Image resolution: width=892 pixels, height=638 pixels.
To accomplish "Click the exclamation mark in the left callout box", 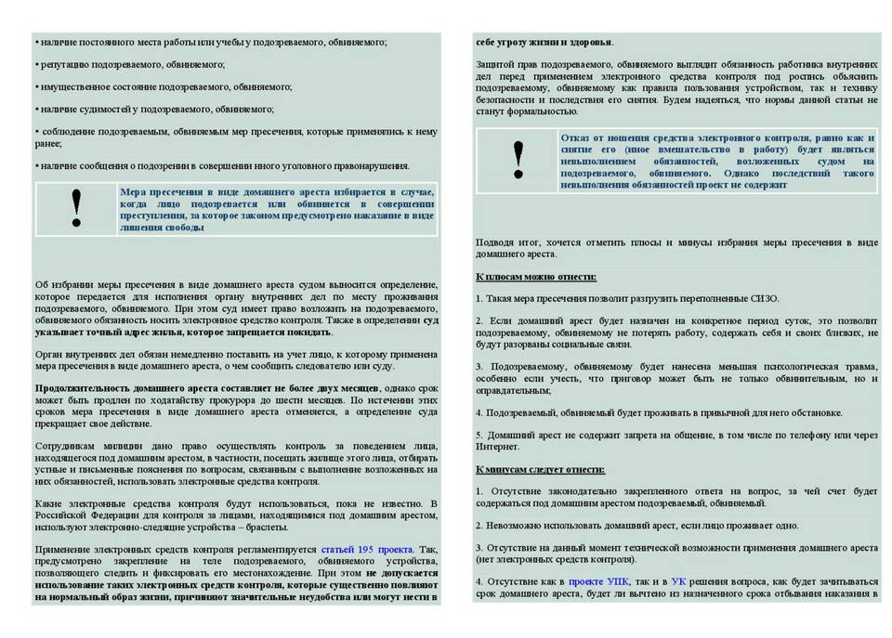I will pos(76,209).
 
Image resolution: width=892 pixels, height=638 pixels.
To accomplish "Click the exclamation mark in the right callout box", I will pos(518,160).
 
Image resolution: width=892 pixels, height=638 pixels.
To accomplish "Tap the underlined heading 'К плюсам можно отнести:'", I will pos(536,277).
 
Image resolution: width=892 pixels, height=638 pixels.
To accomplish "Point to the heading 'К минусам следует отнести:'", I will pos(540,469).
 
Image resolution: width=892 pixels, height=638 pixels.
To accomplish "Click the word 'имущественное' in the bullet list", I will pos(73,86).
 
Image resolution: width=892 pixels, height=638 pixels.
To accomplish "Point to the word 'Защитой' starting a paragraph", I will pos(495,62).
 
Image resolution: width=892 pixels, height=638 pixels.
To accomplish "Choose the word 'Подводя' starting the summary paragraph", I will pos(495,242).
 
